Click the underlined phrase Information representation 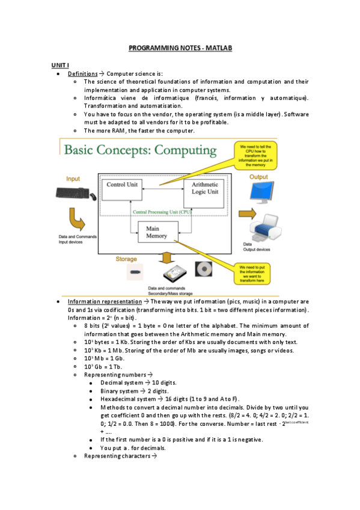[104, 301]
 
